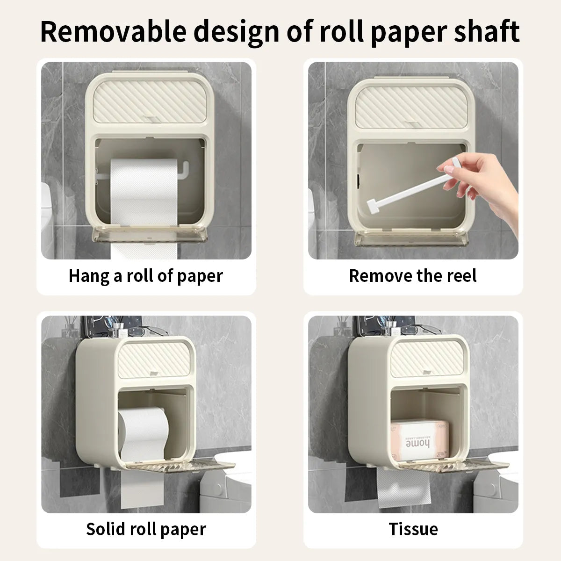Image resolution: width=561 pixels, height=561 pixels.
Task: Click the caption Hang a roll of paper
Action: click(x=146, y=276)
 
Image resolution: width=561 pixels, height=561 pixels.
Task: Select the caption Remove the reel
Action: click(x=413, y=276)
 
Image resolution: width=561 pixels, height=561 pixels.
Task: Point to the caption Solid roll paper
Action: click(x=146, y=529)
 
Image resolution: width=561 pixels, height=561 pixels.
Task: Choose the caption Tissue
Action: click(x=413, y=529)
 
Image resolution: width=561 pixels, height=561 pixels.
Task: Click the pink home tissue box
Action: click(x=420, y=440)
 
